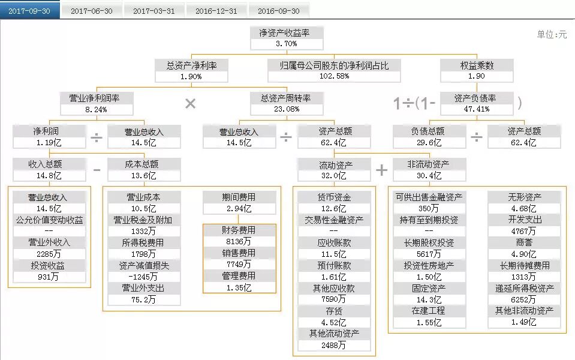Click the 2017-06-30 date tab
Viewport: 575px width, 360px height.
(92, 11)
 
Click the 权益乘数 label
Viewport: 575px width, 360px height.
(477, 65)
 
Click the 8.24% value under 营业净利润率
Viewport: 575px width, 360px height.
(97, 109)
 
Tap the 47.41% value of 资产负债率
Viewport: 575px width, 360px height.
(477, 109)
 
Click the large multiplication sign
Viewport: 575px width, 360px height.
(190, 104)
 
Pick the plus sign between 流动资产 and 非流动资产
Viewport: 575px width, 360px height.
(381, 170)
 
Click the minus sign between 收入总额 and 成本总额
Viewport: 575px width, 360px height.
(97, 170)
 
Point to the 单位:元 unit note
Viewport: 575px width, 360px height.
(552, 35)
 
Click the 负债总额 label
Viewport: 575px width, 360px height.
(428, 131)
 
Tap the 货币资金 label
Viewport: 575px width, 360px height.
(334, 197)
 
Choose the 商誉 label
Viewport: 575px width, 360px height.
(524, 242)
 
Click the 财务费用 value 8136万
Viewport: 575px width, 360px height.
(239, 242)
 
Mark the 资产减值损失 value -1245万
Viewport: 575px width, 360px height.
(144, 277)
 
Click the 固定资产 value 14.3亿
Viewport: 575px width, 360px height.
(429, 299)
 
